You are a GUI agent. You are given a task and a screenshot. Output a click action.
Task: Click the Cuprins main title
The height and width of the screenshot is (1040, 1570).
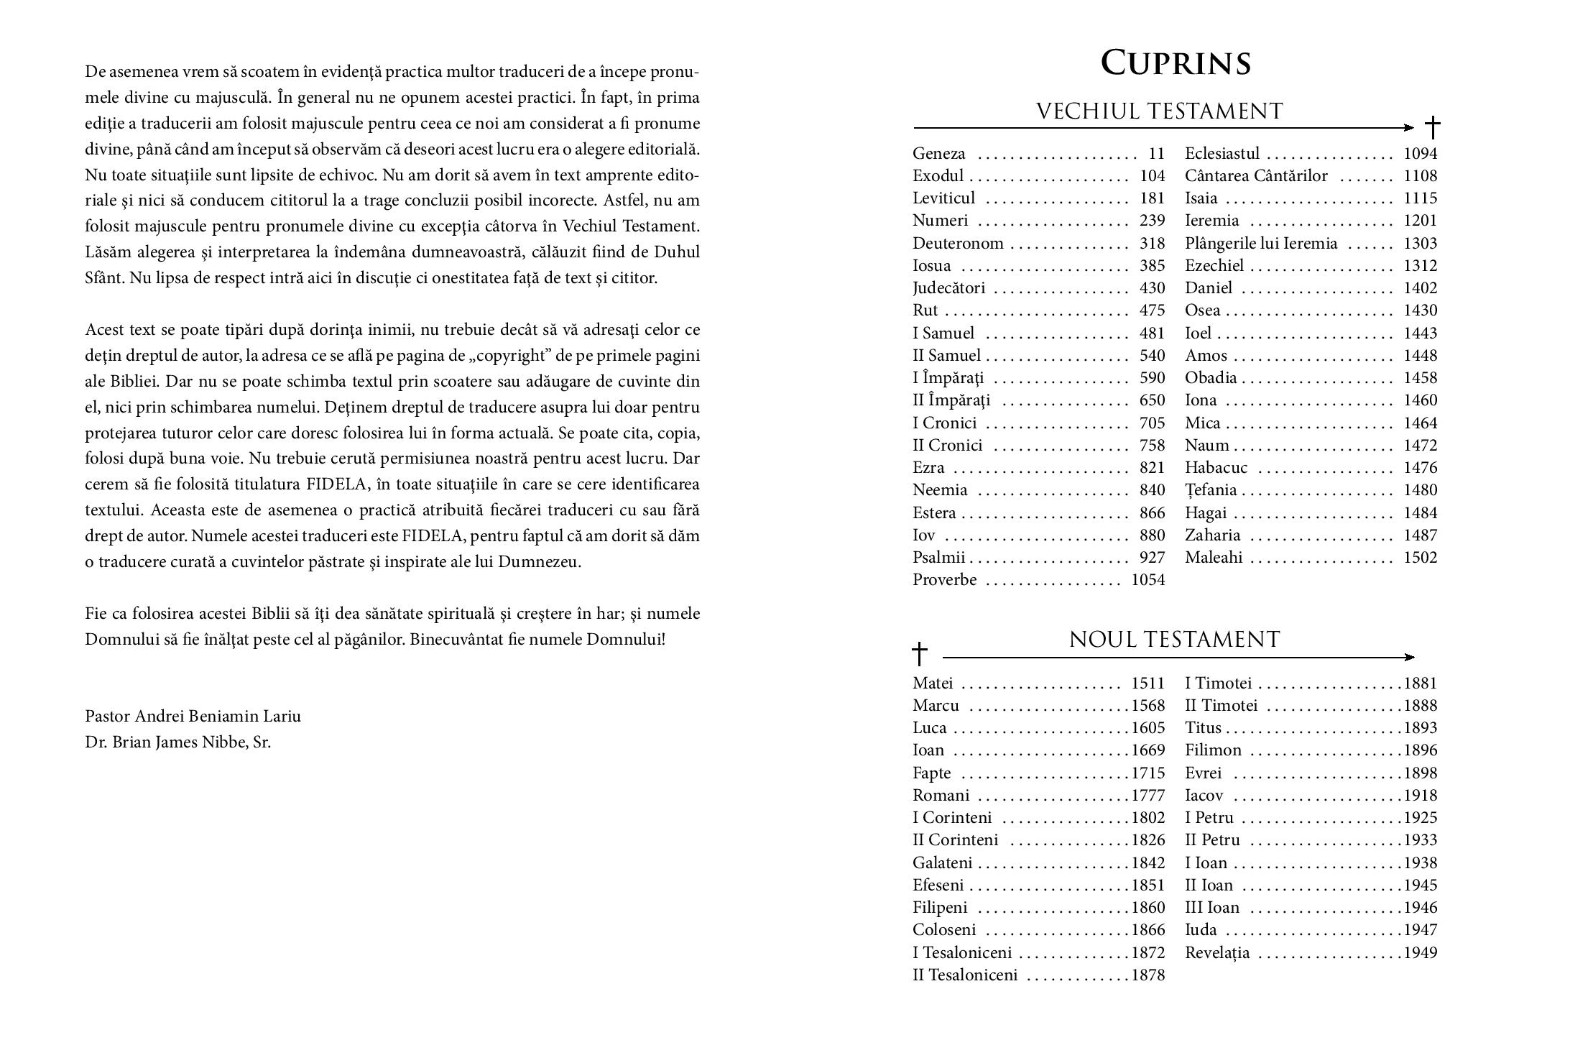tap(1176, 63)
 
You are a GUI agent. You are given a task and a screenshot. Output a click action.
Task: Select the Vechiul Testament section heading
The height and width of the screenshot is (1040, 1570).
tap(1159, 111)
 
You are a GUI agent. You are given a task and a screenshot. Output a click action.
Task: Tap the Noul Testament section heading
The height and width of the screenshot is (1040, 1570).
tap(1174, 640)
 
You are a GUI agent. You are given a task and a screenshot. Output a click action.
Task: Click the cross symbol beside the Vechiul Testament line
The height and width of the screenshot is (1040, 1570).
tap(1432, 128)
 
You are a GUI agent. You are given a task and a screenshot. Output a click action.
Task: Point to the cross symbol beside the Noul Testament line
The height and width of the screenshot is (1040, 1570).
tap(920, 654)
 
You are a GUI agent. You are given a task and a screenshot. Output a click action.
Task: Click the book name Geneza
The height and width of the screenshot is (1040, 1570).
tap(938, 154)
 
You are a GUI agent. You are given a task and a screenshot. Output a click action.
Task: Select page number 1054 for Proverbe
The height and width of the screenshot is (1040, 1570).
tap(1148, 580)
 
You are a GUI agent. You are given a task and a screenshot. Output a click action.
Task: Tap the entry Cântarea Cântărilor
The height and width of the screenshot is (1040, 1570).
tap(1255, 176)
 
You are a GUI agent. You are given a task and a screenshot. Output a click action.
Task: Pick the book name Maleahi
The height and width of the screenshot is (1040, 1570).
tap(1214, 558)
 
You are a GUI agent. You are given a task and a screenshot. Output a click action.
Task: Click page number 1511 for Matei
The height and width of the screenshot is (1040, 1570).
tap(1148, 684)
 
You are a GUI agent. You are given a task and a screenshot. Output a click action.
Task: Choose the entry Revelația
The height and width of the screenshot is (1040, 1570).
tap(1217, 953)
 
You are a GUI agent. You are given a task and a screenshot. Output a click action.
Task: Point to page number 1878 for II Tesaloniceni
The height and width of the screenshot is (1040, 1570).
tap(1148, 975)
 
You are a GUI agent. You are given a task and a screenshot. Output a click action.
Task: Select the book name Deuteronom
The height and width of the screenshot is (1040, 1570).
tap(958, 244)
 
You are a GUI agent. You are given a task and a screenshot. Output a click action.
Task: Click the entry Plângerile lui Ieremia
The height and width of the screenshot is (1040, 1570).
tap(1261, 244)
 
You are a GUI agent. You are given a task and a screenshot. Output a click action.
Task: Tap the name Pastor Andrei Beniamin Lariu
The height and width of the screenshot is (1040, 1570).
tap(193, 717)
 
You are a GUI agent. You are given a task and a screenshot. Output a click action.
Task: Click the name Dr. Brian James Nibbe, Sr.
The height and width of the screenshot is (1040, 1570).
tap(177, 742)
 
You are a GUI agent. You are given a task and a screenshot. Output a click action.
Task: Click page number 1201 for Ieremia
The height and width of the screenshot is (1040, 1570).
tap(1420, 221)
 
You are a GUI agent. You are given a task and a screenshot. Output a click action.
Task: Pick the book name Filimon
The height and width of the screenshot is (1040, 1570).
tap(1213, 750)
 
